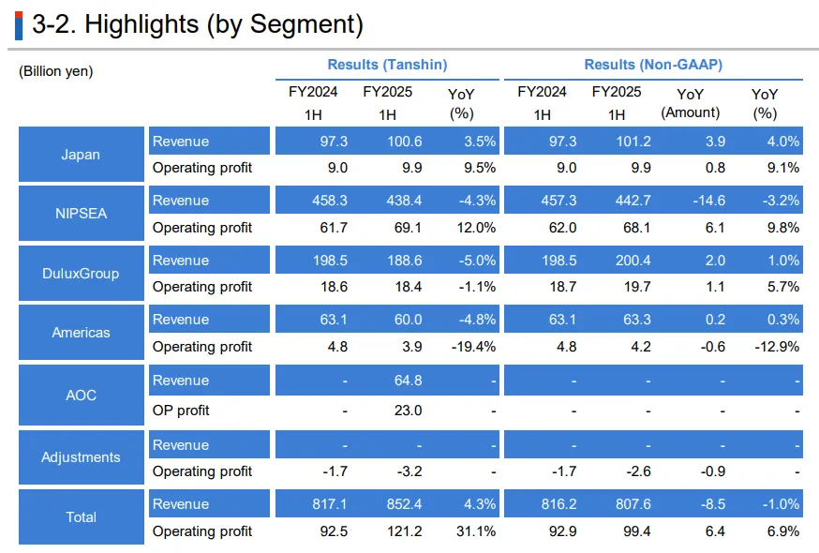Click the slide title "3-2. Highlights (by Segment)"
pos(197,25)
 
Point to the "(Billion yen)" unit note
pos(56,71)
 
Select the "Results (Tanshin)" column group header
pos(387,65)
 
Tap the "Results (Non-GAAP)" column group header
pos(653,65)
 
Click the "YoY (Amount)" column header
pos(691,103)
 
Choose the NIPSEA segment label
pos(82,213)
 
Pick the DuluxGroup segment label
pos(82,274)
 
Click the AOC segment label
pos(82,395)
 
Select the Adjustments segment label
pos(82,457)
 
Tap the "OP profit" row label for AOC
pos(181,411)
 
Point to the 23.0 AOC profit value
pos(408,411)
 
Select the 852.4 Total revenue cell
pos(403,504)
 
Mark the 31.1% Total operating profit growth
pos(475,531)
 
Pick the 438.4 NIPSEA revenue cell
pos(403,201)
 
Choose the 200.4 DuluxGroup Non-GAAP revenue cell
pos(626,260)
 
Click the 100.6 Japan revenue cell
pos(403,142)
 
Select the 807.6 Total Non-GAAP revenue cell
pos(626,504)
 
